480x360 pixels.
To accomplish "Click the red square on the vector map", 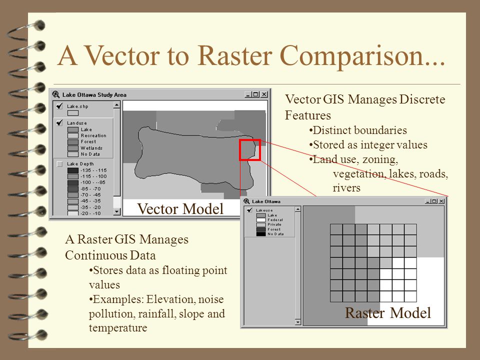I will click(x=250, y=149).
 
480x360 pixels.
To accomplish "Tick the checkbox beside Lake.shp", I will click(x=59, y=106).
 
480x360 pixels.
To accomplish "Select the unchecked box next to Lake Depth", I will click(x=59, y=164).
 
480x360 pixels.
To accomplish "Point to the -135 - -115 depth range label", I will click(x=93, y=170).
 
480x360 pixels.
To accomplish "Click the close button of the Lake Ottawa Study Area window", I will click(x=264, y=94).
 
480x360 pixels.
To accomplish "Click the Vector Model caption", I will click(x=180, y=209).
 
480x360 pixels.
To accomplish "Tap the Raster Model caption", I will click(x=387, y=313).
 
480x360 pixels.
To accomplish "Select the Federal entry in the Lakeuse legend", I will click(x=275, y=220).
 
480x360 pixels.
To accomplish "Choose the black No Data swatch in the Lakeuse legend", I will click(x=261, y=234).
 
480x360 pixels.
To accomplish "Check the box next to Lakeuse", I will click(x=249, y=210).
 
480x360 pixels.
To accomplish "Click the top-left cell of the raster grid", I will click(x=336, y=229).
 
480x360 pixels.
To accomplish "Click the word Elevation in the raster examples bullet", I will click(x=172, y=299).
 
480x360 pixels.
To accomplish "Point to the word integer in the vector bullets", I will click(x=382, y=145).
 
